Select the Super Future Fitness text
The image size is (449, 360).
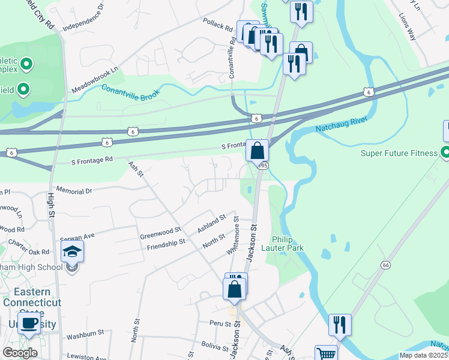click(x=399, y=153)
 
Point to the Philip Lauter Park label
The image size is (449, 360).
click(x=288, y=242)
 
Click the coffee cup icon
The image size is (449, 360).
click(x=29, y=323)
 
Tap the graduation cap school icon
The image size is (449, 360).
click(x=72, y=252)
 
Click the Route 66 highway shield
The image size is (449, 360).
click(x=385, y=265)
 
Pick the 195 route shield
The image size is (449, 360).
click(x=263, y=165)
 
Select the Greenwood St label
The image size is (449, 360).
click(x=160, y=232)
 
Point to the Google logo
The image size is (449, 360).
click(x=20, y=353)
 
